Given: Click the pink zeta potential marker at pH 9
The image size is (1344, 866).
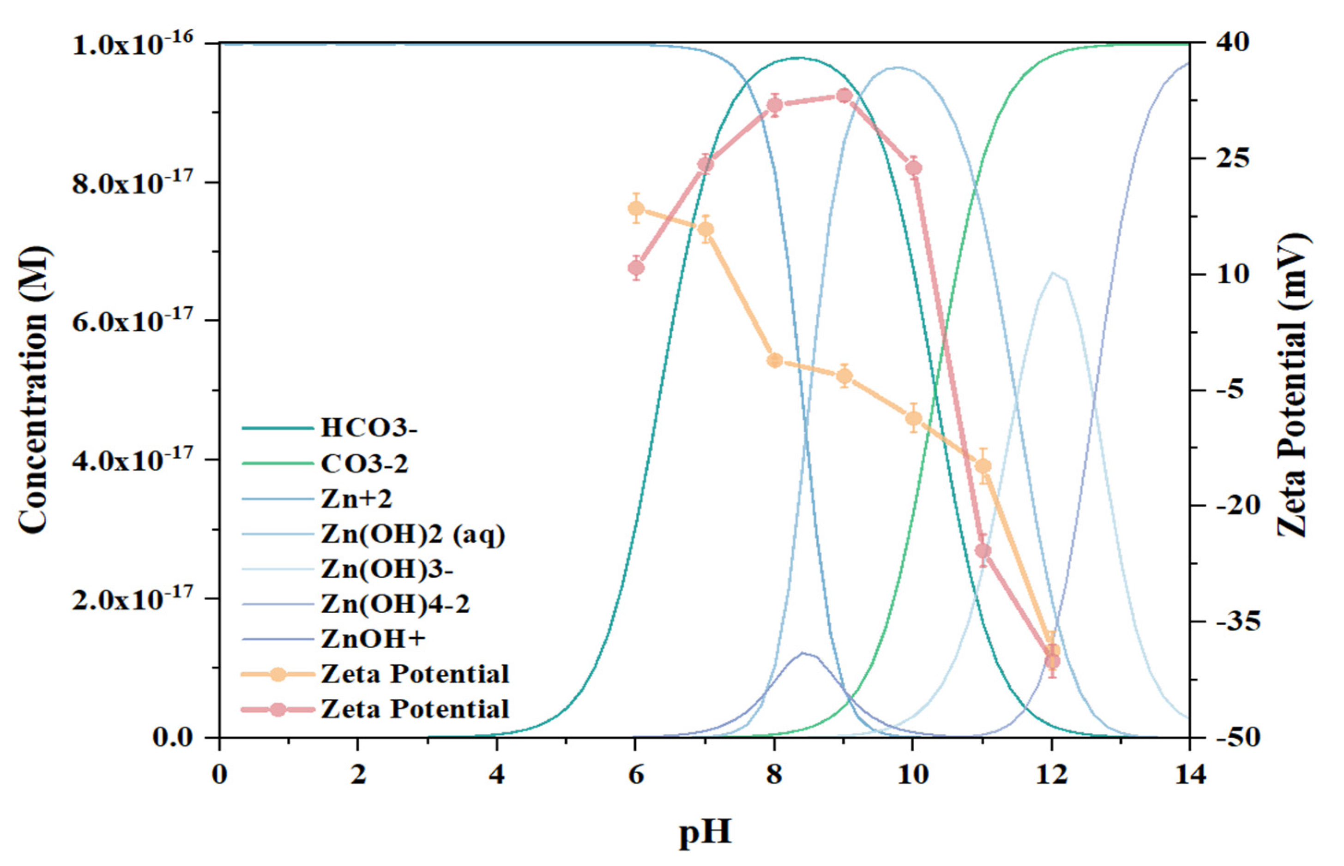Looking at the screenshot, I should [844, 96].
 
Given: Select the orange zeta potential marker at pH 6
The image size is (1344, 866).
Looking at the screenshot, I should [636, 209].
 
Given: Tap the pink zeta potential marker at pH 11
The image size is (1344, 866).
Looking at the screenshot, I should [983, 550].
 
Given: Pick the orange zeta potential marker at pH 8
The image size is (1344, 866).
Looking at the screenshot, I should [775, 360].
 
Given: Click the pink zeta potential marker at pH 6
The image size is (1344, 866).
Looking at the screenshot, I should [636, 268].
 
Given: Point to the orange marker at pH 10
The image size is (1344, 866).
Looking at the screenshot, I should [914, 418].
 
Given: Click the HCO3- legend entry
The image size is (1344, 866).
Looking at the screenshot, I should [368, 428].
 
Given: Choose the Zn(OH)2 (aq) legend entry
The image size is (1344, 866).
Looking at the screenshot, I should [412, 534].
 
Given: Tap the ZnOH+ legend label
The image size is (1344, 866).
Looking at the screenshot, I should [373, 639].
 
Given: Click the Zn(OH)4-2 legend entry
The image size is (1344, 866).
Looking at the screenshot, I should [394, 604].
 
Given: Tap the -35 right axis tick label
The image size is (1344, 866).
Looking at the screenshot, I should [1229, 621].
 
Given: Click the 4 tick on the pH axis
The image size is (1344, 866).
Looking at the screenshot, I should [497, 775].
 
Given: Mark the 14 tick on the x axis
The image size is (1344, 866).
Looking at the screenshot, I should [1189, 775].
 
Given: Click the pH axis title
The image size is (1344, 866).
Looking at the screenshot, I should [705, 832].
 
